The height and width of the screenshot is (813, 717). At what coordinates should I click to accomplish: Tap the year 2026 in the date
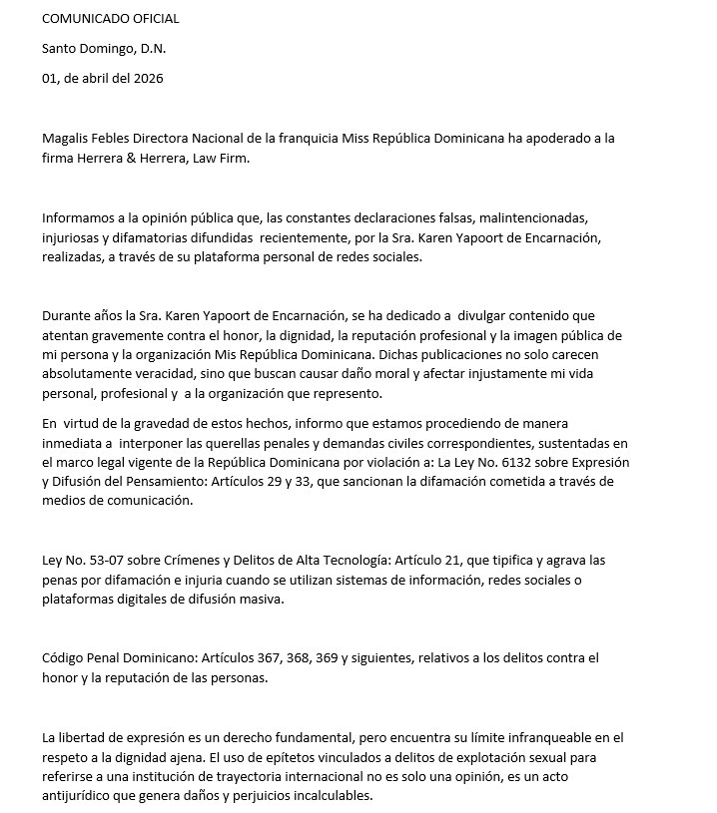pos(148,78)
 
